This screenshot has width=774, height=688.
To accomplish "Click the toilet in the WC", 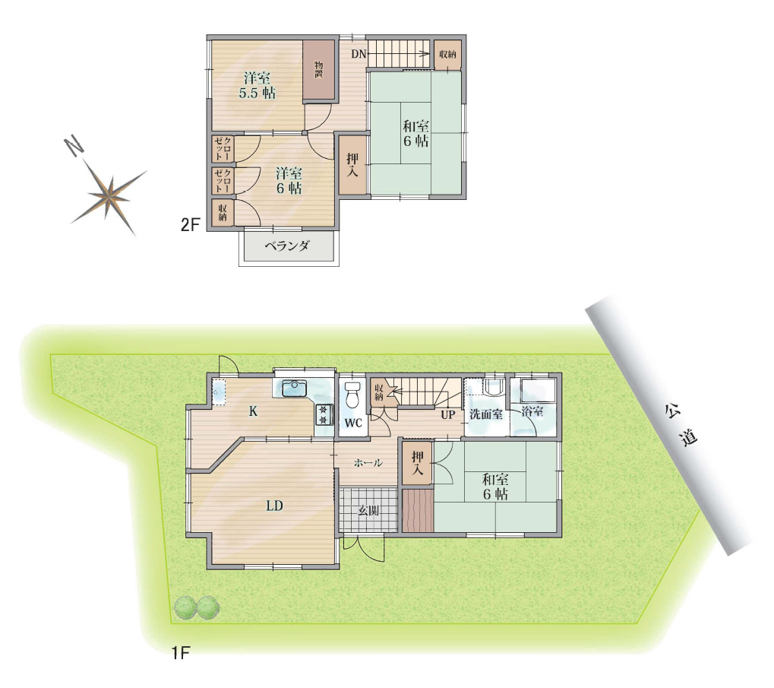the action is (x=352, y=395).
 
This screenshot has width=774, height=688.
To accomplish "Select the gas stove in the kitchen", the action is (x=324, y=415).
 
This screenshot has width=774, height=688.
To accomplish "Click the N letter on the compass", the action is (x=74, y=146).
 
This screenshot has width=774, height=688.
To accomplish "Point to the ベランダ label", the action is (x=288, y=246).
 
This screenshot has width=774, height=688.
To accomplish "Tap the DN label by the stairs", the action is (x=359, y=54).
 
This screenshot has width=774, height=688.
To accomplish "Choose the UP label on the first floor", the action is (x=447, y=414).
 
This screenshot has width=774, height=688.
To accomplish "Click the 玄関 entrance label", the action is (x=368, y=511).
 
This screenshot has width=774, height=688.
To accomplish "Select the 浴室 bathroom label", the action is (x=532, y=411).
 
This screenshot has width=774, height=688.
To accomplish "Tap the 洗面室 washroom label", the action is (x=485, y=414).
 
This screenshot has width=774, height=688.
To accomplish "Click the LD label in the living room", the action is (x=274, y=506).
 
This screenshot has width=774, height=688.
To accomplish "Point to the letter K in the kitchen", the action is (x=253, y=411).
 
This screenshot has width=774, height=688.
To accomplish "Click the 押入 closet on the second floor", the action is (x=352, y=165).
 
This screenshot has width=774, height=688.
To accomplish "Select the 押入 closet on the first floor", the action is (x=418, y=463).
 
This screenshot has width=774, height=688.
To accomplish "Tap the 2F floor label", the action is (x=190, y=225).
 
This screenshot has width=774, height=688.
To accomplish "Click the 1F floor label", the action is (x=181, y=654).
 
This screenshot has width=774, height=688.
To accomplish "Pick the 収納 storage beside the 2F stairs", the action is (x=447, y=54).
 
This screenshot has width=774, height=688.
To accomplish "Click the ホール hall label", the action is (x=368, y=463).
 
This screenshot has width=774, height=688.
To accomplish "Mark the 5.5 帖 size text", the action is (x=257, y=93).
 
